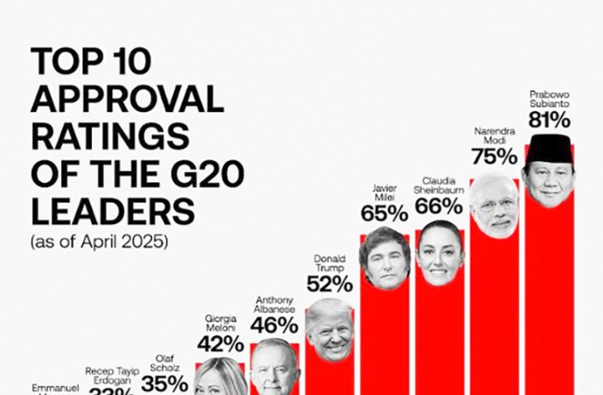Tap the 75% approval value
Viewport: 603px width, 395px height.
click(494, 156)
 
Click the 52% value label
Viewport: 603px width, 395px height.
click(329, 284)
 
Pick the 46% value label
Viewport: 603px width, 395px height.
click(273, 326)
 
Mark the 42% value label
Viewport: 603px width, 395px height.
click(221, 343)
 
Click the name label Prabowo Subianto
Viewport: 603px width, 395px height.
click(548, 98)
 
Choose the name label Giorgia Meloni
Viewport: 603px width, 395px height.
click(221, 323)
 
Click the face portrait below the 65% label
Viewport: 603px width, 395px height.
click(383, 258)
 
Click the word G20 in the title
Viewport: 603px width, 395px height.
click(208, 175)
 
